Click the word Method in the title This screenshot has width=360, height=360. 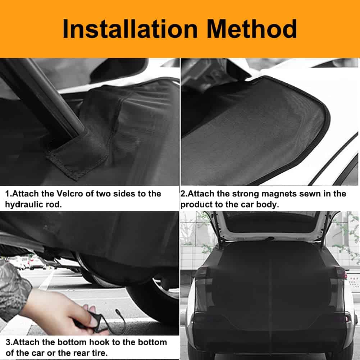pyautogui.click(x=252, y=29)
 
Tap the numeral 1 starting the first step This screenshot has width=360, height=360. pyautogui.click(x=7, y=194)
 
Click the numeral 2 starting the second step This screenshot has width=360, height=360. pyautogui.click(x=183, y=194)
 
